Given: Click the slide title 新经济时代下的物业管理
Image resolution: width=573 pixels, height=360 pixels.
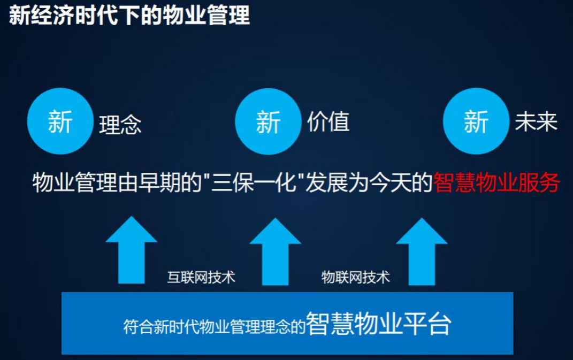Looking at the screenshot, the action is pos(129,16).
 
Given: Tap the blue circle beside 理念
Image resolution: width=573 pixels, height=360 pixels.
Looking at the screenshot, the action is pos(60,121).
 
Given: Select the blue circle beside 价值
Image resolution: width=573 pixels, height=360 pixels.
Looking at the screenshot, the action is pos(268,121).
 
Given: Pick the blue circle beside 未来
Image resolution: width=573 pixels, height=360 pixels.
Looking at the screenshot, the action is pos(476,121).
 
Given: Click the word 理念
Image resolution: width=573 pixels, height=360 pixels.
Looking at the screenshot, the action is pos(120,125).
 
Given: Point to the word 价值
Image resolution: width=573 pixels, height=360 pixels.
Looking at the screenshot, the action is pos(328,121).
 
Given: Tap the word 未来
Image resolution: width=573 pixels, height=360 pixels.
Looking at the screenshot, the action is pos(536,121).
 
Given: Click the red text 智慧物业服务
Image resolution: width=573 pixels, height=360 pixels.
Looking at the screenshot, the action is pos(496,182).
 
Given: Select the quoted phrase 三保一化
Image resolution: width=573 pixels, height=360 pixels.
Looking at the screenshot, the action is pos(254,182).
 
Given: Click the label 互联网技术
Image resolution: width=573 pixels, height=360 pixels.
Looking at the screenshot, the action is pos(201,278).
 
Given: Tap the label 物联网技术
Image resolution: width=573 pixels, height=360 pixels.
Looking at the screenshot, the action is pos(356,278).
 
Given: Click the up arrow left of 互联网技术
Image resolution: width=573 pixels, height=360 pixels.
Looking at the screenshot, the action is pos(132,250).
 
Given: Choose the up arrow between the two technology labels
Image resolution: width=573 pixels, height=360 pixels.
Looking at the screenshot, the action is pos(275,251).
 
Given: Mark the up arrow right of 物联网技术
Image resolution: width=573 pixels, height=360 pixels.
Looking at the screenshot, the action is pos(422,251).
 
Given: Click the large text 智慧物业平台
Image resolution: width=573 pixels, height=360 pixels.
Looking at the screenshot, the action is pos(379,324).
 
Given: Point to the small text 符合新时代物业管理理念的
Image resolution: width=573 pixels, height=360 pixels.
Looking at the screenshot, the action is pos(214,326).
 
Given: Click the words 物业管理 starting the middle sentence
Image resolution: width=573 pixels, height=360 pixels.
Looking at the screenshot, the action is pos(75,182).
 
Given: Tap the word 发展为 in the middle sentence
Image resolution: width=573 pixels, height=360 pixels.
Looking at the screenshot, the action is pos(337,182).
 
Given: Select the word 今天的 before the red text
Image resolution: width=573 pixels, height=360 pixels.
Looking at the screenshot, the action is pos(401,182).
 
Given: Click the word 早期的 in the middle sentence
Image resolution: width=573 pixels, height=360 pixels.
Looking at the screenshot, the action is pos(170,182).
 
